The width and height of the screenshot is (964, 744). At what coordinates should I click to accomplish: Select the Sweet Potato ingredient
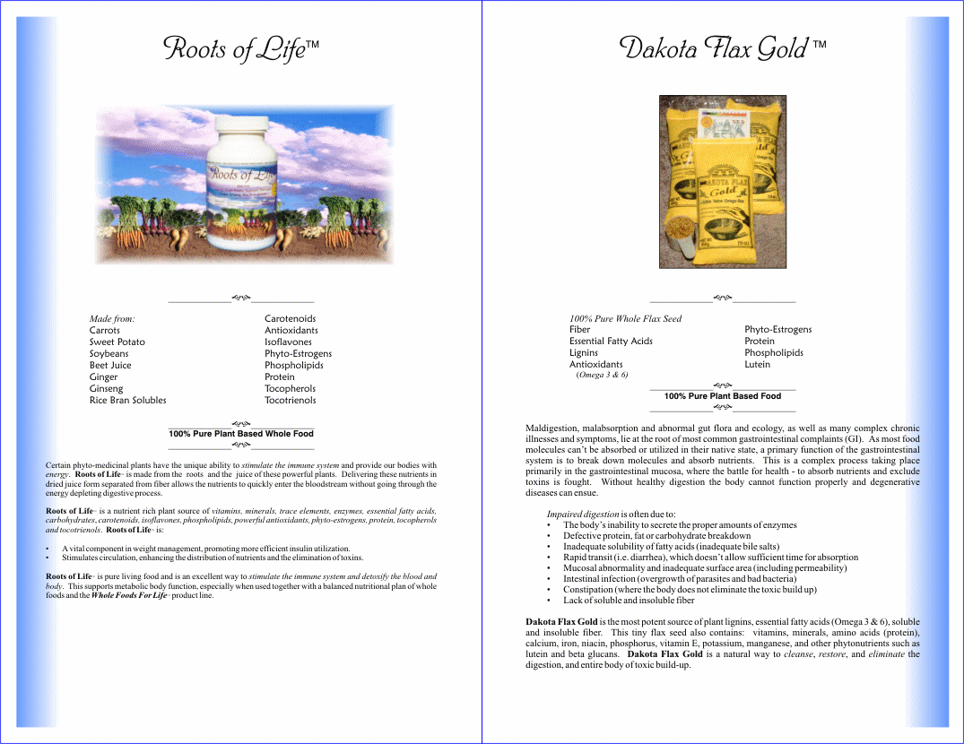coord(117,342)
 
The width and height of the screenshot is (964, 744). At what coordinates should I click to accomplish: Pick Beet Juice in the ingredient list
coord(109,366)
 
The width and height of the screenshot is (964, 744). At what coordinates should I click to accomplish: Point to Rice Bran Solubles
coord(127,401)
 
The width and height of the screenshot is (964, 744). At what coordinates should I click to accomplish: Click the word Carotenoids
coord(290,319)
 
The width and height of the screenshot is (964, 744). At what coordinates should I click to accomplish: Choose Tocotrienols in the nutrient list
coord(290,401)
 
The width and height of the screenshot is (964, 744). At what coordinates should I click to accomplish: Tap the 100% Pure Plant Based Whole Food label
coord(241,434)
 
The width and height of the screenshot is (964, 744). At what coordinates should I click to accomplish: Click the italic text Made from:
coord(112,319)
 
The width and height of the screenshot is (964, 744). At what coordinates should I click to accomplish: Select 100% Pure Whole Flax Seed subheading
coord(625,319)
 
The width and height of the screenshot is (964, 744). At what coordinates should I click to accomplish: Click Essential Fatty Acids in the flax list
coord(611,342)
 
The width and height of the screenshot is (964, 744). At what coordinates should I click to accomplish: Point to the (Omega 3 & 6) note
coord(602,376)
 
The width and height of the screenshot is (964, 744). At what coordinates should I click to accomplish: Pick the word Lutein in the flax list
coord(757,365)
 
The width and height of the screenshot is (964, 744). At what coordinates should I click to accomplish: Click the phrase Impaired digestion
coord(583,515)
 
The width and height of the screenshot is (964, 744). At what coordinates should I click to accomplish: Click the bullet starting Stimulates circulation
coord(213,558)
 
